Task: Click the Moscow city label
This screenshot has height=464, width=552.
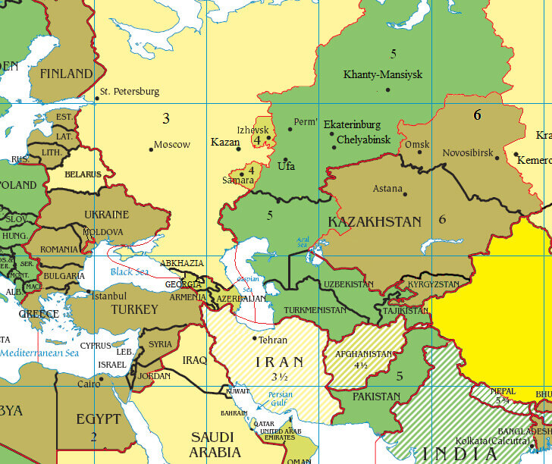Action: pos(172,144)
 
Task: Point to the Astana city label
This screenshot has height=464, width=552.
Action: pos(387,189)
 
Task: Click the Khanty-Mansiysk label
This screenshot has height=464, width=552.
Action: pos(383,74)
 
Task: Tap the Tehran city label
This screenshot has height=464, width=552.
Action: pos(272,340)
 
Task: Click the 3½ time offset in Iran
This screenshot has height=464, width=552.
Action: pos(271,376)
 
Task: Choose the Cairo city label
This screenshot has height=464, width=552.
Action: pos(87,384)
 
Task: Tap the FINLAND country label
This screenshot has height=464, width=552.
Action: pos(65,74)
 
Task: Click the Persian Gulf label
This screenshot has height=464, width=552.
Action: pos(281,399)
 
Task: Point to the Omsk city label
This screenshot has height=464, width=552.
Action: pos(417,144)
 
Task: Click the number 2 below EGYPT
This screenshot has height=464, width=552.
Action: pos(93,436)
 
